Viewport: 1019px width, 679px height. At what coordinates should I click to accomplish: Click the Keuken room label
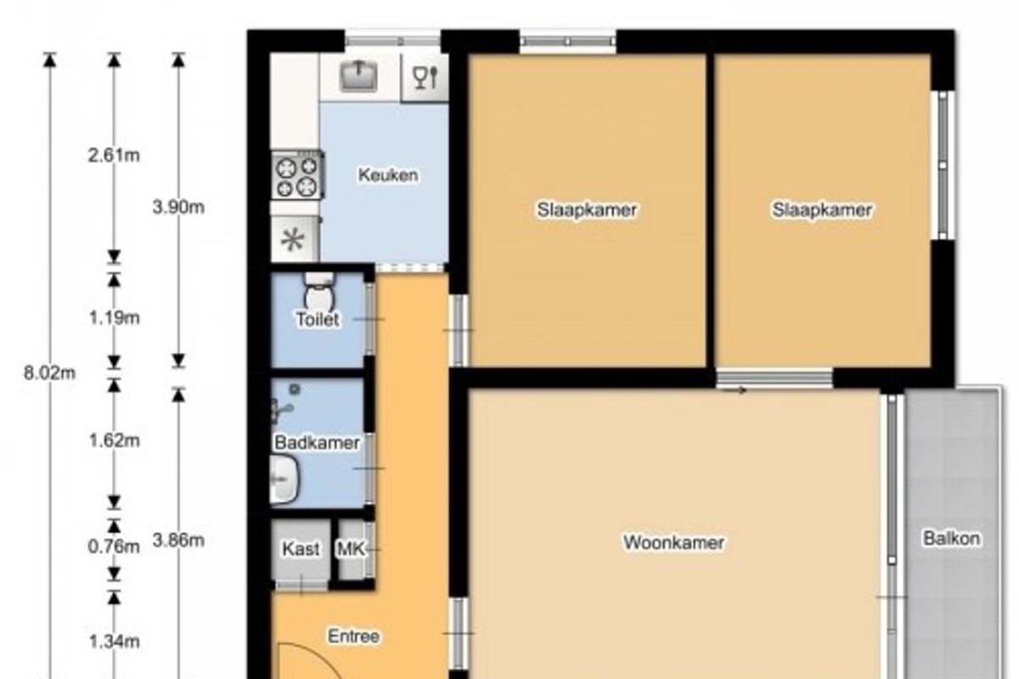[x=388, y=175]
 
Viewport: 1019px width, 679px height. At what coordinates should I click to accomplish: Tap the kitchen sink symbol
[x=358, y=76]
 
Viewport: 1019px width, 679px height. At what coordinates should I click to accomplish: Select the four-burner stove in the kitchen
[x=298, y=175]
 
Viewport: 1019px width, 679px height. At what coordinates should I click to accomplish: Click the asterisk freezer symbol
[x=293, y=240]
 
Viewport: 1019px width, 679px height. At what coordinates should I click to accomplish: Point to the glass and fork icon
[x=425, y=77]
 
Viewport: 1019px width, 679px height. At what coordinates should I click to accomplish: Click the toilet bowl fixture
[x=319, y=290]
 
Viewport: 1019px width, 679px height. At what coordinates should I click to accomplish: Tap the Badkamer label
[x=317, y=442]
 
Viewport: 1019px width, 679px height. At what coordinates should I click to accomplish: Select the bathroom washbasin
[x=284, y=479]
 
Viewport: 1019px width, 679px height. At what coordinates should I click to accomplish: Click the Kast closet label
[x=301, y=549]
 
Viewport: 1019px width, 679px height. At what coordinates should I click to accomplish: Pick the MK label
[x=352, y=549]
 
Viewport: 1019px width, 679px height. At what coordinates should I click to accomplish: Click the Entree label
[x=353, y=637]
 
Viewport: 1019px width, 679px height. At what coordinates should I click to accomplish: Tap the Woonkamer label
[x=673, y=542]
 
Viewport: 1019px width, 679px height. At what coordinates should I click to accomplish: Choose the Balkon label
[x=952, y=538]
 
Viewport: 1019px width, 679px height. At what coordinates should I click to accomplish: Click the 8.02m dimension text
[x=49, y=373]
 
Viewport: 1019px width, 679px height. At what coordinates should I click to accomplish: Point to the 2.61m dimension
[x=114, y=155]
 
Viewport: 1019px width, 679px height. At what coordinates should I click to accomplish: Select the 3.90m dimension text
[x=178, y=207]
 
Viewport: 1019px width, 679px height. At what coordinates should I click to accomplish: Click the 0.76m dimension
[x=114, y=547]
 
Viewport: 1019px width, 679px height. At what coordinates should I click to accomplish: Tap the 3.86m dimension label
[x=178, y=541]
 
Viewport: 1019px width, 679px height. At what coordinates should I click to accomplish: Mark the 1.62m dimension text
[x=114, y=441]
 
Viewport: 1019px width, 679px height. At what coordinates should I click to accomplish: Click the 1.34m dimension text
[x=114, y=642]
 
